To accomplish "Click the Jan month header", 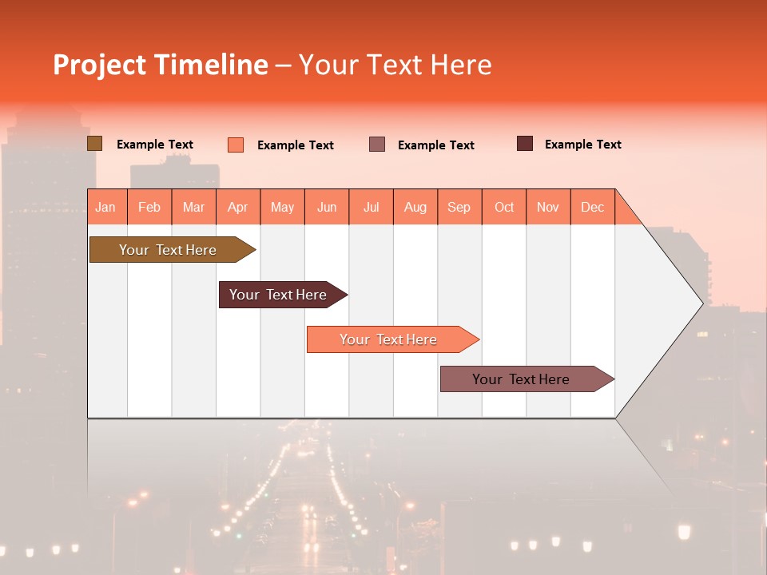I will tap(105, 207).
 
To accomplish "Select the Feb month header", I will tap(149, 207).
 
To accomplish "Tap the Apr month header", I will tap(238, 207).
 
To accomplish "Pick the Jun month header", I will tap(327, 207).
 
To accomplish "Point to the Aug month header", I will tap(415, 207).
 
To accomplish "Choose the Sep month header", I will tap(459, 207).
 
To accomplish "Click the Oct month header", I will tap(504, 207).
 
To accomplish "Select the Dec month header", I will tap(593, 207).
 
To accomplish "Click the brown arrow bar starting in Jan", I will tap(168, 250).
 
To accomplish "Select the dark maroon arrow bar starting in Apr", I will tap(278, 295).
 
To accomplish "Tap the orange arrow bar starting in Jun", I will tap(388, 339).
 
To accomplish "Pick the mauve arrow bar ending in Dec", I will tap(521, 379).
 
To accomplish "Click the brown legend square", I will tap(95, 144).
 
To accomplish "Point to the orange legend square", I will tap(236, 145).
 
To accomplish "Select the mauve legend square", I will tap(377, 145).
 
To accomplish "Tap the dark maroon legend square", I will tap(525, 144).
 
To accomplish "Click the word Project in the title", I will tap(99, 65).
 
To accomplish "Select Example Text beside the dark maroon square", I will tap(582, 145).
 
